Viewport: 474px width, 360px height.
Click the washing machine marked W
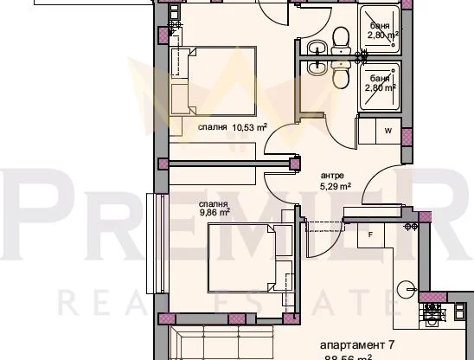point(388,131)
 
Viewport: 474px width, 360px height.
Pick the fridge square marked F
point(370,234)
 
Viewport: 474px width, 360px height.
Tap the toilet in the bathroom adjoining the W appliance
point(340,79)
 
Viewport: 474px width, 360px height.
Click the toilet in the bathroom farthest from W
point(340,35)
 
